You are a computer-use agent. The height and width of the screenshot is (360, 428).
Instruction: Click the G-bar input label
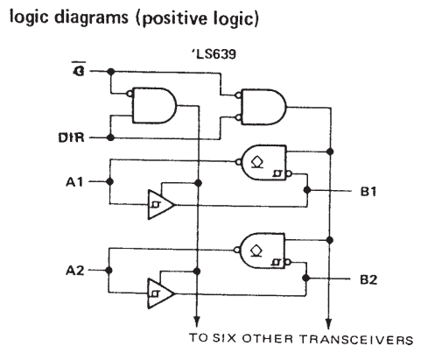tap(79, 68)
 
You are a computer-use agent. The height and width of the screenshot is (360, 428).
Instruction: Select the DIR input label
tap(72, 138)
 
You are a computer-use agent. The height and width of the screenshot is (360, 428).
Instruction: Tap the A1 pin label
tap(74, 182)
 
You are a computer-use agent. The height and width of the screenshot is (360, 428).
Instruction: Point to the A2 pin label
tap(75, 271)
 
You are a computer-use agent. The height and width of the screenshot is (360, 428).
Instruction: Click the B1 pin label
tap(368, 191)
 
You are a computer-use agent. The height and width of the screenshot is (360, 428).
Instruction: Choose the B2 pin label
tap(368, 279)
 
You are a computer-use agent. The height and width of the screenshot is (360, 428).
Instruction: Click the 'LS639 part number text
tap(214, 54)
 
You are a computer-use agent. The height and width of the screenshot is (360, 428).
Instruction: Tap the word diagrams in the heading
tap(91, 18)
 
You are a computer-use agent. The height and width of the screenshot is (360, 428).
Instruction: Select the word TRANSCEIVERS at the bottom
tap(356, 340)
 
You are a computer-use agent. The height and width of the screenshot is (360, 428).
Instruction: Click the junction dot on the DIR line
tap(110, 138)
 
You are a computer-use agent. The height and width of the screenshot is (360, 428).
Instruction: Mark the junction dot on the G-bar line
tap(110, 71)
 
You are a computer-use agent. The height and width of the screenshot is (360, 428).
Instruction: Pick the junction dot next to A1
tap(109, 181)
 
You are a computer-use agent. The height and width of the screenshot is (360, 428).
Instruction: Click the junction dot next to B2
tap(305, 278)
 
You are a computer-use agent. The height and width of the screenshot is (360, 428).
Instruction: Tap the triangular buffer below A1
tap(161, 204)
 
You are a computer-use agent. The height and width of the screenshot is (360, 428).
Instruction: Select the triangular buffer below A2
tap(161, 293)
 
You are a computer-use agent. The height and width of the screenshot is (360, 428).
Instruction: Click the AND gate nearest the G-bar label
tap(152, 106)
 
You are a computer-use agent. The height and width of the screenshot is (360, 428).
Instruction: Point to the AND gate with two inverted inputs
tap(262, 107)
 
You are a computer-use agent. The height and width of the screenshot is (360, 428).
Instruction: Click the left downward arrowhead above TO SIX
tap(197, 321)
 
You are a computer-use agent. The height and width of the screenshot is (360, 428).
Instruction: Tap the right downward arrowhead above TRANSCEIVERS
tap(328, 323)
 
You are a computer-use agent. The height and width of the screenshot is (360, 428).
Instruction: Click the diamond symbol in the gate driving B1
tap(257, 162)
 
